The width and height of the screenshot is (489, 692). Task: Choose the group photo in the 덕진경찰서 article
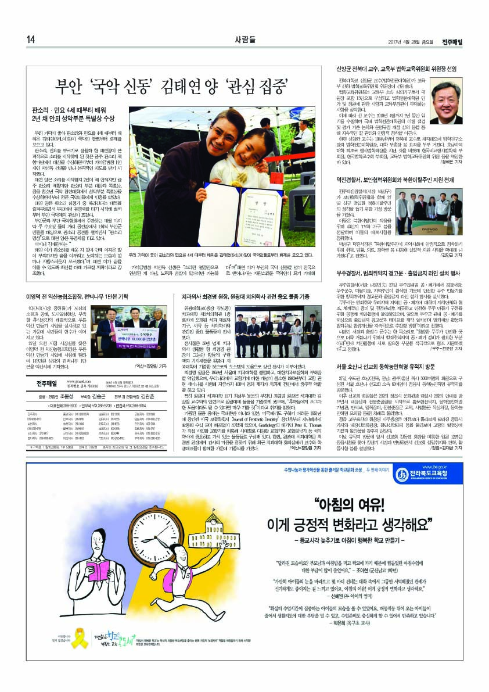pos(438,216)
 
